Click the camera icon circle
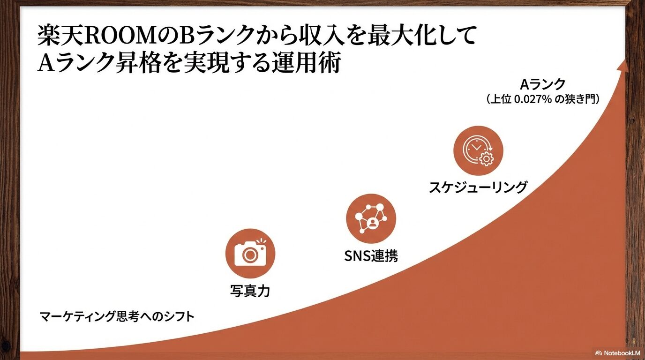[x=250, y=254]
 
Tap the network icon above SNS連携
[x=371, y=218]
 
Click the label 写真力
[x=250, y=291]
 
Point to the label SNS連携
[x=371, y=256]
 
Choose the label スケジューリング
[x=478, y=187]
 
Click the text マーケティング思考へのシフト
[x=117, y=316]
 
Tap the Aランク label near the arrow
[x=542, y=84]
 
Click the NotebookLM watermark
[x=617, y=352]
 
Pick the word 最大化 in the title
[x=405, y=37]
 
